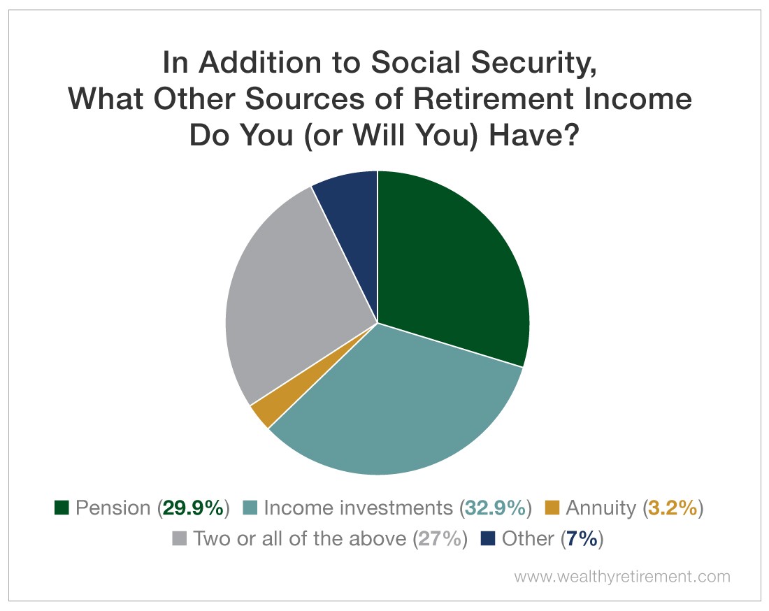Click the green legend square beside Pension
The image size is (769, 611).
62,508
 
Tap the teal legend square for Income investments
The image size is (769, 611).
250,508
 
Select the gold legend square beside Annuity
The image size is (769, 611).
552,508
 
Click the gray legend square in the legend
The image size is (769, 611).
180,538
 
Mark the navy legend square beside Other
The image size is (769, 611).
488,538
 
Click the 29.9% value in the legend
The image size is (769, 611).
193,508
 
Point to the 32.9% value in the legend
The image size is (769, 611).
496,508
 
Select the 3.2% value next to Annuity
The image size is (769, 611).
673,508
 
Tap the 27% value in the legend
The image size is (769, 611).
440,539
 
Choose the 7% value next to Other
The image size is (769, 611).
582,539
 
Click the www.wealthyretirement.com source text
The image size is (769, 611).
622,576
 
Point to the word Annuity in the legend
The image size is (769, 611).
601,508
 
